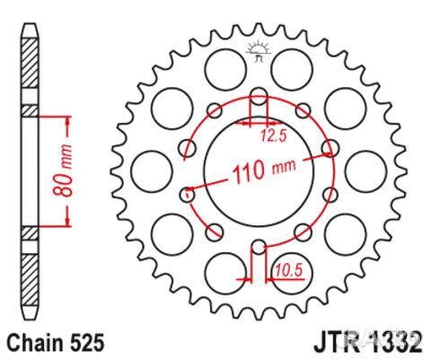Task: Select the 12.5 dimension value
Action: coord(273,136)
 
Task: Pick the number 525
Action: coord(87,342)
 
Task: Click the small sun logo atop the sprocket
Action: coord(258,49)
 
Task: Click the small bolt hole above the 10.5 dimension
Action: coord(259,246)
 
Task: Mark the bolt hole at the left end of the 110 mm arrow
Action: coord(189,192)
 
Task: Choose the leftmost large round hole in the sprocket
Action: coord(148,170)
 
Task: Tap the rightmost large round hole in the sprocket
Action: coord(366,170)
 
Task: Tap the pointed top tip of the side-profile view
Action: coord(31,20)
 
